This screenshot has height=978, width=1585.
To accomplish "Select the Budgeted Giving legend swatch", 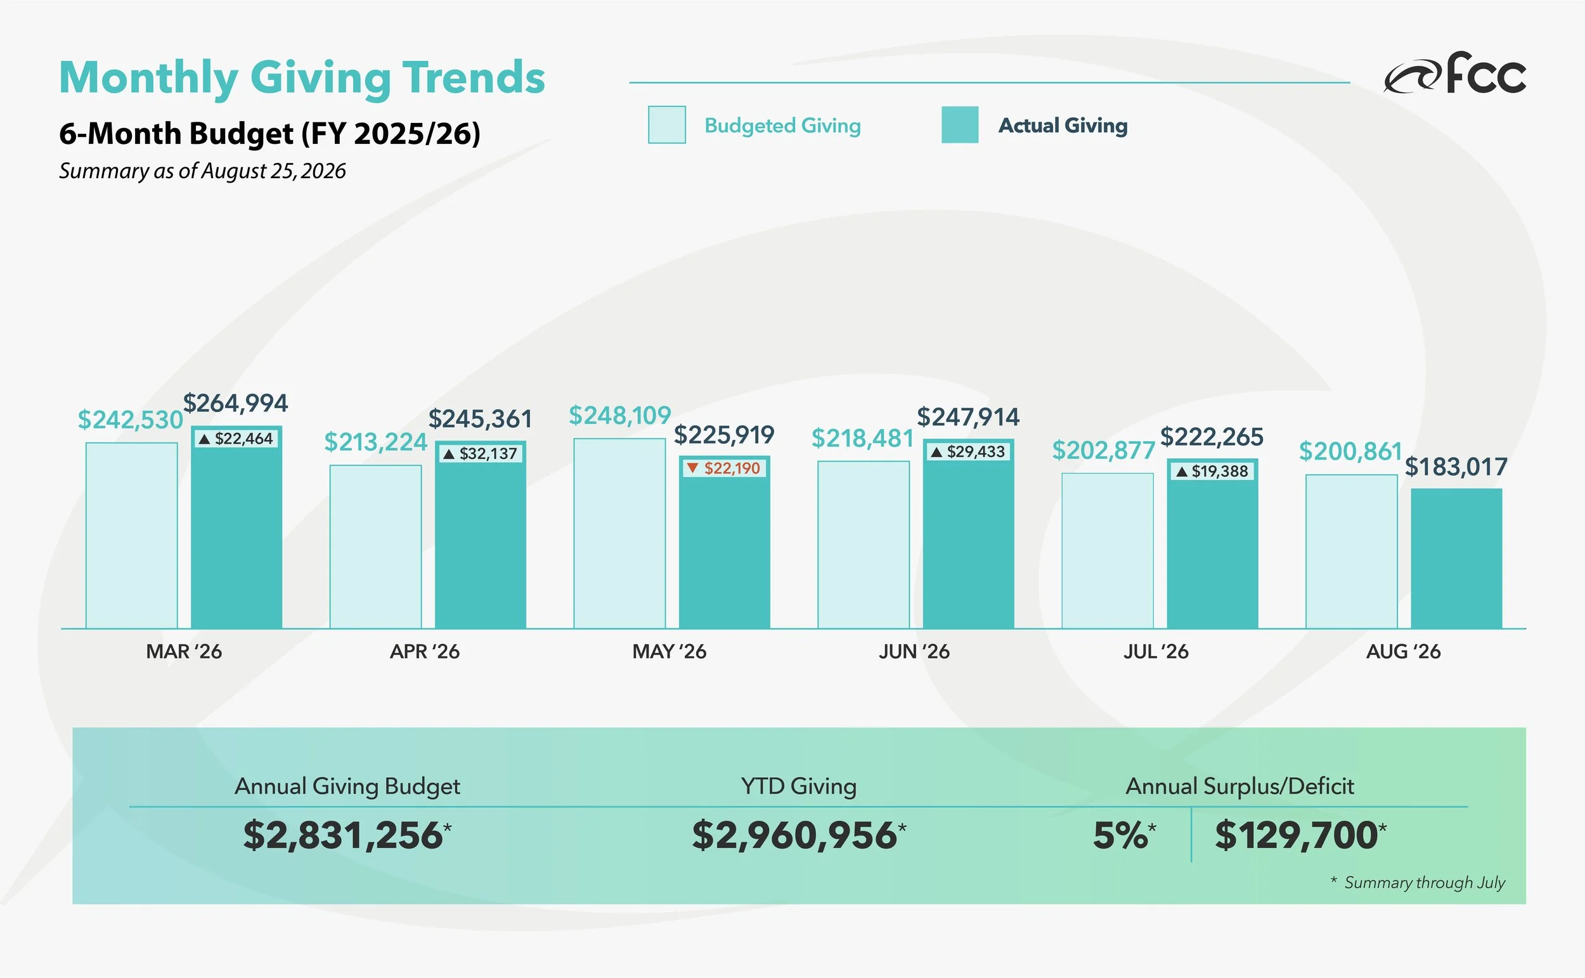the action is coord(667,125).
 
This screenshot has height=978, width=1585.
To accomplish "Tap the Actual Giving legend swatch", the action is coord(960,125).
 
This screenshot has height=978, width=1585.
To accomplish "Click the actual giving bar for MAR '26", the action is coord(236,527).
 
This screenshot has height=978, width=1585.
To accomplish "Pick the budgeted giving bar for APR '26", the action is coord(375,546).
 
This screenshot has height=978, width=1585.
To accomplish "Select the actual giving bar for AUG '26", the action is coord(1456,558).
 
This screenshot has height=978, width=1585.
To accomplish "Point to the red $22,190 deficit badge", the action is coord(725,468).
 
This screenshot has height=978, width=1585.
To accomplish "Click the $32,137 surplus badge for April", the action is coord(481,453).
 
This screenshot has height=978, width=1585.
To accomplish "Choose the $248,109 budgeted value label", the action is coord(620,415).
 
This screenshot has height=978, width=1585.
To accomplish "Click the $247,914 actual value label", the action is coord(968,417).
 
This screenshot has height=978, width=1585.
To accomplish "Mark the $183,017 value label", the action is coord(1456,467).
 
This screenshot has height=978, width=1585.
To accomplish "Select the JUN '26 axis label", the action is coord(914,652).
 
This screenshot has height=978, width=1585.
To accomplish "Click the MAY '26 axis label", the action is coord(669,652).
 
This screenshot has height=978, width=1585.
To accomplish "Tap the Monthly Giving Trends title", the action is coord(302,77).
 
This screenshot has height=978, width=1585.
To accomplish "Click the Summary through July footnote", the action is coord(1418,883).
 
